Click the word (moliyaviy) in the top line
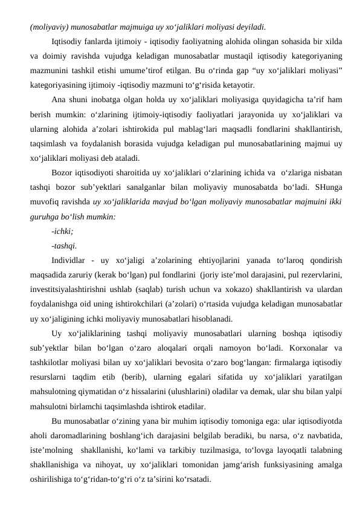coord(48,27)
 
